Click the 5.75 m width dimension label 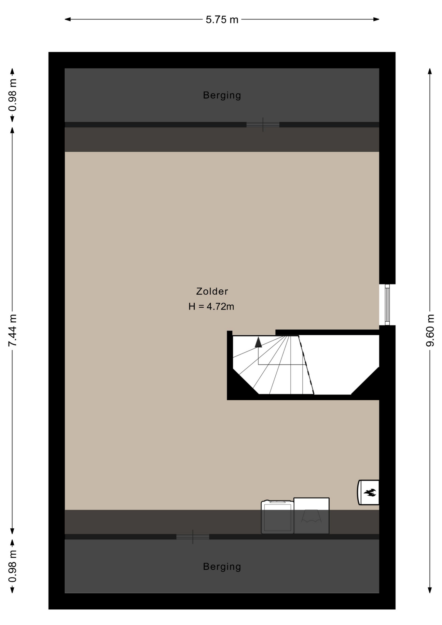[222, 20]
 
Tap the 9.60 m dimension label [430, 330]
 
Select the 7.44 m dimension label [12, 330]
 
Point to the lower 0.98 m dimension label [12, 566]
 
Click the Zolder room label [212, 291]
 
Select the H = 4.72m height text [211, 307]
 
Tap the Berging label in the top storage [222, 95]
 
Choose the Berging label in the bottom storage [222, 567]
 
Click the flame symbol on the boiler [370, 493]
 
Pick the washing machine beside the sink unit [277, 517]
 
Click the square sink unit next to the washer [311, 516]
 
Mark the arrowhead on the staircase [258, 342]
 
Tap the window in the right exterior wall [387, 305]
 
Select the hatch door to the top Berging [263, 125]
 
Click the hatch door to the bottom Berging [193, 537]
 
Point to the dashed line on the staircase [306, 365]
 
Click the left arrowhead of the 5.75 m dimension [68, 19]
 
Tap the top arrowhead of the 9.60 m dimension [430, 71]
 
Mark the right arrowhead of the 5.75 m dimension [376, 19]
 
